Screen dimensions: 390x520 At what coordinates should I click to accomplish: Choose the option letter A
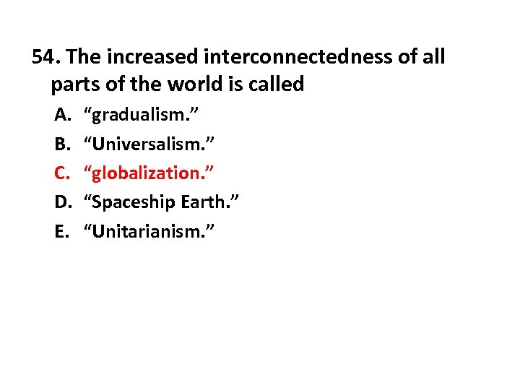point(61,113)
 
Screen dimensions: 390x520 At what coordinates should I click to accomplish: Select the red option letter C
point(61,172)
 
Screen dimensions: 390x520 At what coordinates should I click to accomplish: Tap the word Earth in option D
point(204,201)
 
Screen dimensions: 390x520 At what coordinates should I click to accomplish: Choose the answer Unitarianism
point(149,231)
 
